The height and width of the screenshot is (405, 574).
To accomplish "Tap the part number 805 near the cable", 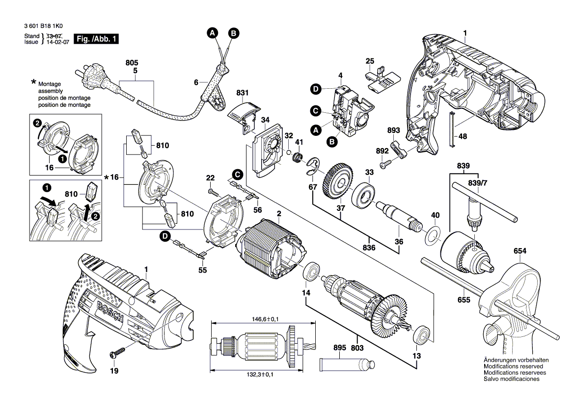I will tap(132, 63).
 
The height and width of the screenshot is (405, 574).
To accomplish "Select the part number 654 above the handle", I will tap(520, 251).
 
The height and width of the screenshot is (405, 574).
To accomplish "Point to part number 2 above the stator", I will tap(279, 213).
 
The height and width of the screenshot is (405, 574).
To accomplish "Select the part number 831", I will tap(243, 92).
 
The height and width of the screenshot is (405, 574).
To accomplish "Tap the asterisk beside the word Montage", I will tap(33, 82).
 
